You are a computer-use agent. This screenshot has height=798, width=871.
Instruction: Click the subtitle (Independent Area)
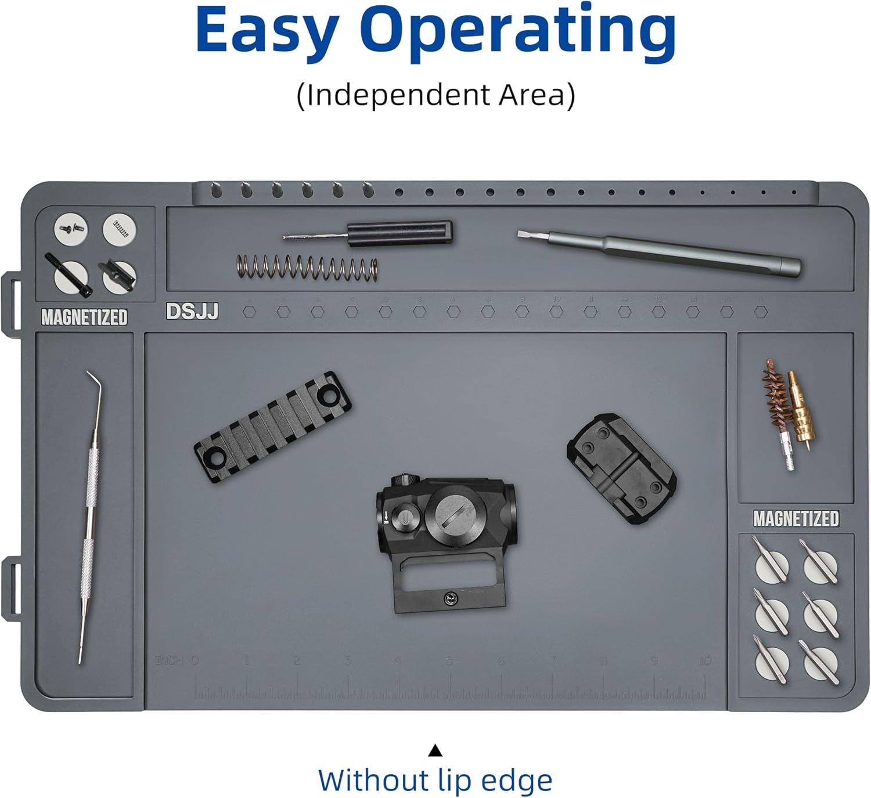click(435, 95)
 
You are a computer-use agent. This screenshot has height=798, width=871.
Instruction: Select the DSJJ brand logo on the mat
click(192, 312)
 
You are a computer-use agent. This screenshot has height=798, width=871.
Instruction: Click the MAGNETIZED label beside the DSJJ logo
click(84, 317)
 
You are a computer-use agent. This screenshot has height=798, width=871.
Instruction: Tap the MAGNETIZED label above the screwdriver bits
click(796, 518)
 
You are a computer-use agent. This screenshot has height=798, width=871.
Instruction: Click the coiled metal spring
click(307, 268)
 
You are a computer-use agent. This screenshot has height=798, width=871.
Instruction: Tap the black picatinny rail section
click(273, 427)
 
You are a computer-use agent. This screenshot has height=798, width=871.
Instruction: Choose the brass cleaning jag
click(802, 412)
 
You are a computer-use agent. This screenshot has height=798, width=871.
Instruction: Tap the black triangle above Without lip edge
click(435, 751)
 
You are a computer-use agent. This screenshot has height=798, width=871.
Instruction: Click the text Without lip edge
click(435, 780)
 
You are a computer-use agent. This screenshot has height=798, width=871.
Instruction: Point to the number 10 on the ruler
click(704, 661)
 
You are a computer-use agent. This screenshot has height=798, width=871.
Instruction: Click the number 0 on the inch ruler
click(195, 660)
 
